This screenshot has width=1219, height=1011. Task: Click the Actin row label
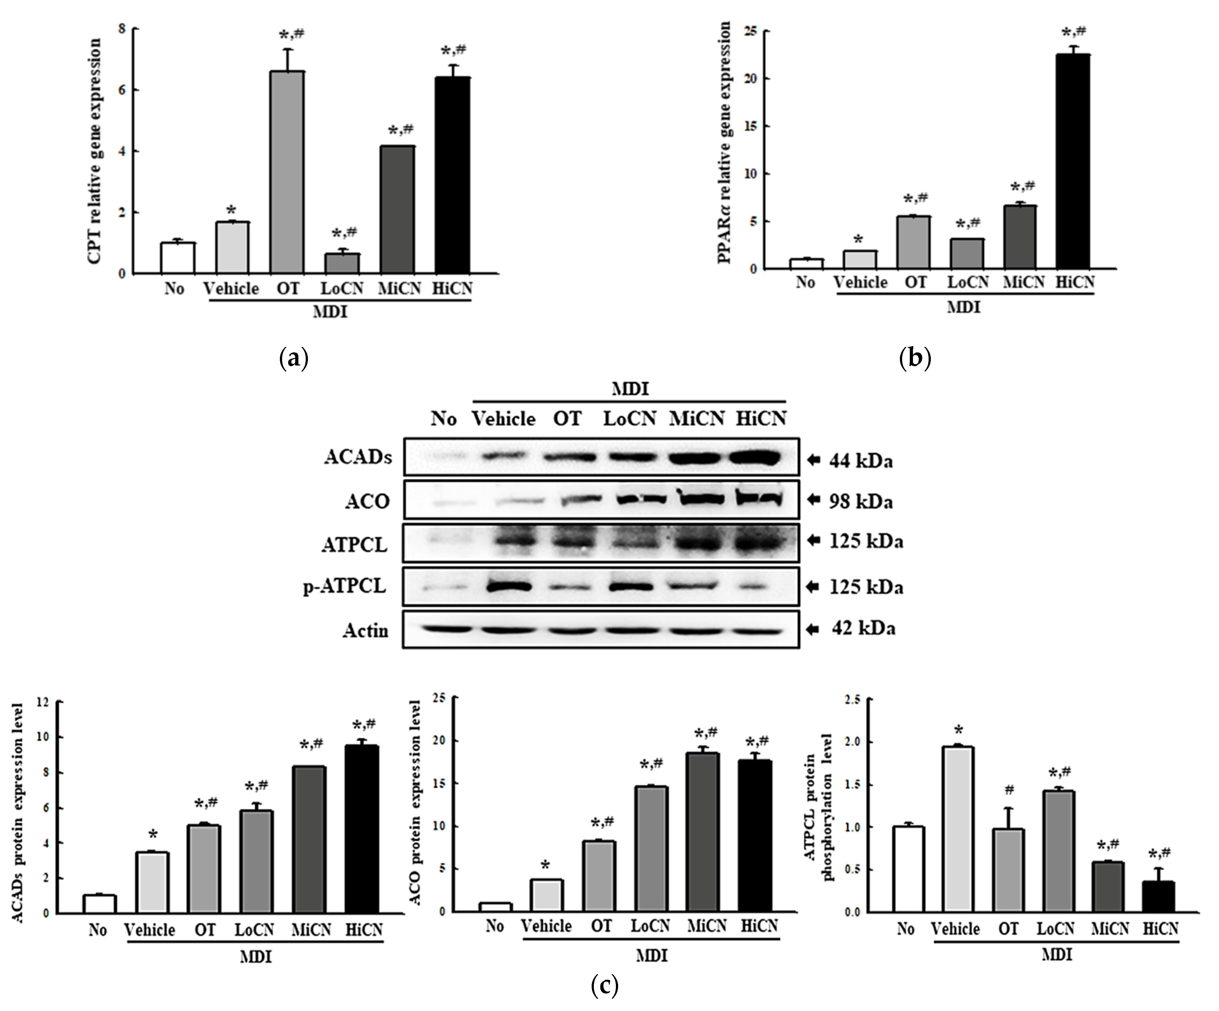pos(365,630)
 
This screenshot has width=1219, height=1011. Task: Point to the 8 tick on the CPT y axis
pos(121,28)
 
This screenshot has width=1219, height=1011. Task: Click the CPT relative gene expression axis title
pos(95,151)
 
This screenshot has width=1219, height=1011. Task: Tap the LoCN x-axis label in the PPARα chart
pos(968,283)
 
